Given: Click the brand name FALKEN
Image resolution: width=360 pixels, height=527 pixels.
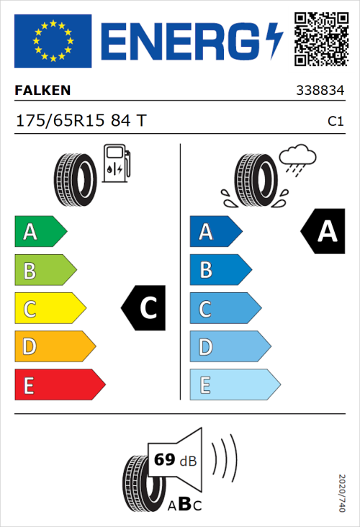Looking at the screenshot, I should coord(43,91).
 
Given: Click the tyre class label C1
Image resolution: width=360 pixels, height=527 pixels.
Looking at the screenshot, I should coord(335,122).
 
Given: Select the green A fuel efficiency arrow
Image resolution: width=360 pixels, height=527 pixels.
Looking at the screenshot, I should coord(40,232).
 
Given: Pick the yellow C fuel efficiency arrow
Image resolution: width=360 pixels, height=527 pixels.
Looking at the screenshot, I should coord(49,309).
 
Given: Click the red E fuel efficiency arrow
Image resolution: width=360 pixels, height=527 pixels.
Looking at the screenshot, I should coord(59,385).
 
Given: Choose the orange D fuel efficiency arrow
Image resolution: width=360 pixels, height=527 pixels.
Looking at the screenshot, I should coord(54,347).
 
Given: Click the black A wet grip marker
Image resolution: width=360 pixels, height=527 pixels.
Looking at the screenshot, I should coord(324,232).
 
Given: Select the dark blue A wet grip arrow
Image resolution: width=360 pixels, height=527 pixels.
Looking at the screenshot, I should coord(215,232).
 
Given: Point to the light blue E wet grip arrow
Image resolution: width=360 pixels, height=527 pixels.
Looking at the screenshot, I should coord(234,385).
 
